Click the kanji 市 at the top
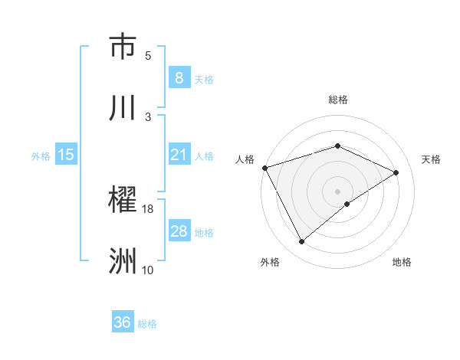coord(123,47)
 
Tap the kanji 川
coord(123,106)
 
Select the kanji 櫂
coord(123,201)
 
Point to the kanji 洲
coord(123,261)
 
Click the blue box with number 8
coord(179,77)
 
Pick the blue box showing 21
coord(179,155)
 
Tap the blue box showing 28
coord(179,231)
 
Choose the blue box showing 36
coord(122,322)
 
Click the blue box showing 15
coord(66,155)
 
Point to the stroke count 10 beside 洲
coord(148,270)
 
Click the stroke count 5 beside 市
coord(148,55)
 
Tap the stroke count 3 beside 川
coord(148,116)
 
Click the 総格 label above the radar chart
coord(337,100)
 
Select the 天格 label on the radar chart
coord(432,159)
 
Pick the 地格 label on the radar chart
coord(402,263)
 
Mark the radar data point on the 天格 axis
coord(396,172)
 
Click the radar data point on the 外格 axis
coord(301,242)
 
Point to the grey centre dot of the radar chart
coord(337,191)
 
